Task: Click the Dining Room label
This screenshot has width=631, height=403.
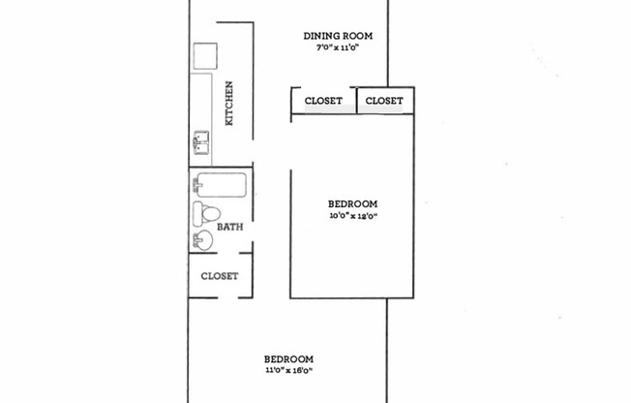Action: [x=338, y=37]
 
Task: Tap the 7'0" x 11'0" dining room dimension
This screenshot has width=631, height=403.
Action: [x=338, y=48]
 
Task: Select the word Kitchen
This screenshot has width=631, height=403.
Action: [x=229, y=103]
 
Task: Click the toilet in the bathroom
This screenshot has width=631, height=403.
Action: [x=206, y=213]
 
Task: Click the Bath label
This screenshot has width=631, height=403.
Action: [x=229, y=228]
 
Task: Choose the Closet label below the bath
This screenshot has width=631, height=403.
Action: [x=220, y=276]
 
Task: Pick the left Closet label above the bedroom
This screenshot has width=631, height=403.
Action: [x=323, y=101]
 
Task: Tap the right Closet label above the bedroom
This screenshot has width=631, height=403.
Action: [x=384, y=101]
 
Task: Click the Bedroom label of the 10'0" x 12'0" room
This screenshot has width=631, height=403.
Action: [x=352, y=203]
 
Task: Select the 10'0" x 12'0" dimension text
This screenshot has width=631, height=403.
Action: [x=352, y=216]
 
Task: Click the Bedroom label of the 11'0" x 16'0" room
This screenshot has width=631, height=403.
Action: [x=288, y=357]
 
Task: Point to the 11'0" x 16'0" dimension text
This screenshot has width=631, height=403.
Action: [x=288, y=370]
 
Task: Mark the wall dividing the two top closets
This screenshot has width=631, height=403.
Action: [x=355, y=100]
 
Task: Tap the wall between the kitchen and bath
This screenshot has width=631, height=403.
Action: [x=221, y=168]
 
